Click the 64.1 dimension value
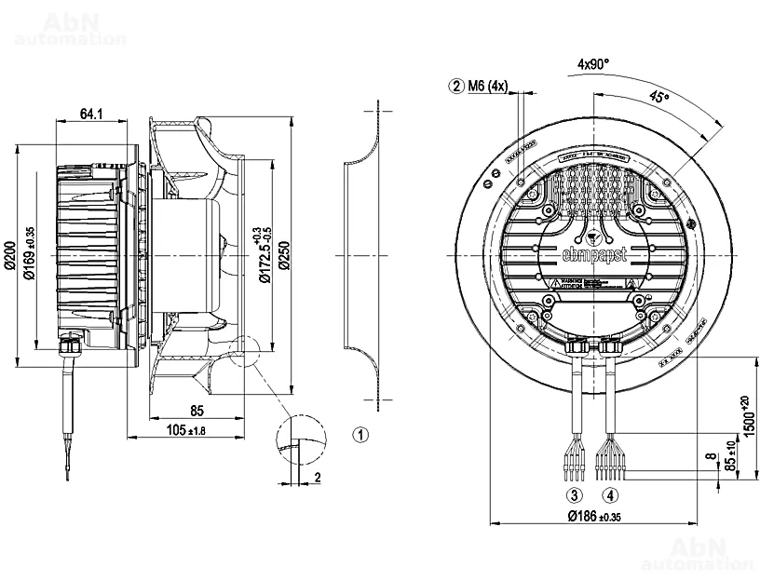click(90, 114)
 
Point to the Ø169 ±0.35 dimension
click(31, 252)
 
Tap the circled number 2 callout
click(456, 87)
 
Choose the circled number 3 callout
click(575, 494)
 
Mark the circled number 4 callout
click(610, 494)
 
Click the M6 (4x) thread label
click(488, 87)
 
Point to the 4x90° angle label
click(592, 64)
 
